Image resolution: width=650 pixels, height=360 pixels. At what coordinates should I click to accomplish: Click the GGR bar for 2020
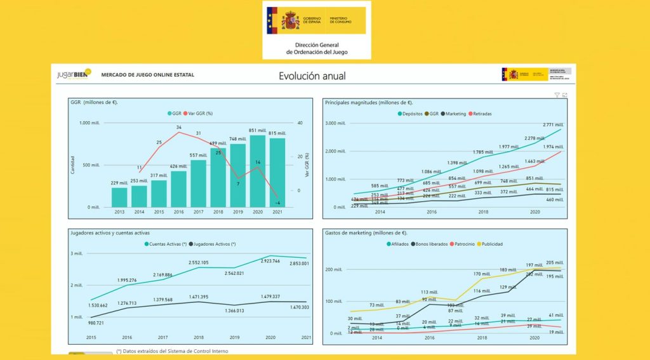[x=258, y=171]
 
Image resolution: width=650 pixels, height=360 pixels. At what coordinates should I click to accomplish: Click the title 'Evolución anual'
[x=312, y=76]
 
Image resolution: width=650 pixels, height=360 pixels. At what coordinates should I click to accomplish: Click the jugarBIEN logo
[x=74, y=74]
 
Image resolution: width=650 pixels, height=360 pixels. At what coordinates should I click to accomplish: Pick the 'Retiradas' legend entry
[x=481, y=114]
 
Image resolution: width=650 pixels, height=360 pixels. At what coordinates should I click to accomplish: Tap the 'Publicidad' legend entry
[x=493, y=244]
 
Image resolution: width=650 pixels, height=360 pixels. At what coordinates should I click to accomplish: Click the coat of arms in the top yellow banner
[x=291, y=20]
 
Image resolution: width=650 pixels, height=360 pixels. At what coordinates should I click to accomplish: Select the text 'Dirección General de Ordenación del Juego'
[x=317, y=49]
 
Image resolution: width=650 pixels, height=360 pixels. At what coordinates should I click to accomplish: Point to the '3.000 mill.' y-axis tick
[x=335, y=123]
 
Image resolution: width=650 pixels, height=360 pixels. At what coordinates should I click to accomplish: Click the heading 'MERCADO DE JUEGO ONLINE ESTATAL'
[x=148, y=75]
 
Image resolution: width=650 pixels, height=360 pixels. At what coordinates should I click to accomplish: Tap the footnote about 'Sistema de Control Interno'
[x=172, y=350]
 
